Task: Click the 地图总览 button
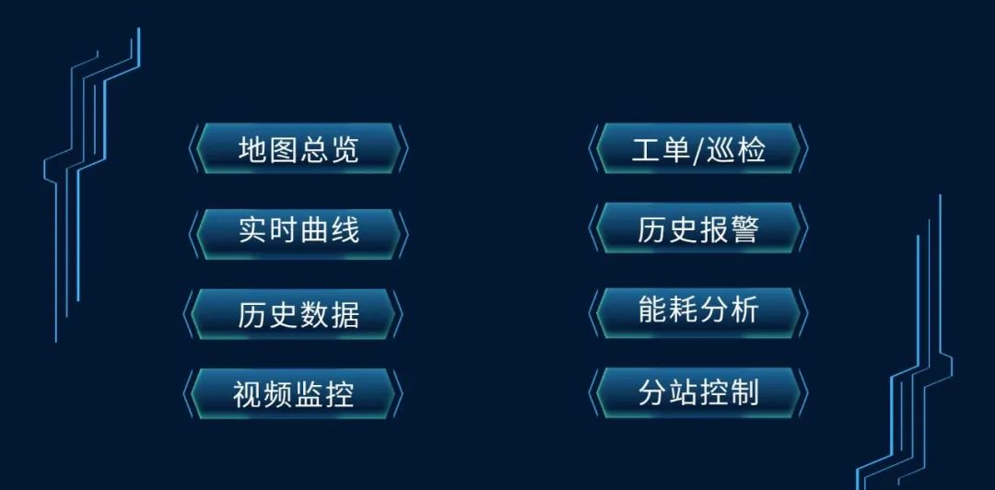298,149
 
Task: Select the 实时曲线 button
298,230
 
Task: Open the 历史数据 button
298,314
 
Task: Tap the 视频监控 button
293,393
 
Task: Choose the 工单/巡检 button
698,149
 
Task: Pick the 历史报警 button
698,229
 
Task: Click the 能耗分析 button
698,310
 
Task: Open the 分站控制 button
698,392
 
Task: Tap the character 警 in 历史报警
743,229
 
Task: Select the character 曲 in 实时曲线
313,230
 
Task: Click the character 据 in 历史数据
344,314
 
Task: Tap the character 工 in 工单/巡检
647,149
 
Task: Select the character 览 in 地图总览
344,149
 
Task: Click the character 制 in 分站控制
743,392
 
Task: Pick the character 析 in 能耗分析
743,310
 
